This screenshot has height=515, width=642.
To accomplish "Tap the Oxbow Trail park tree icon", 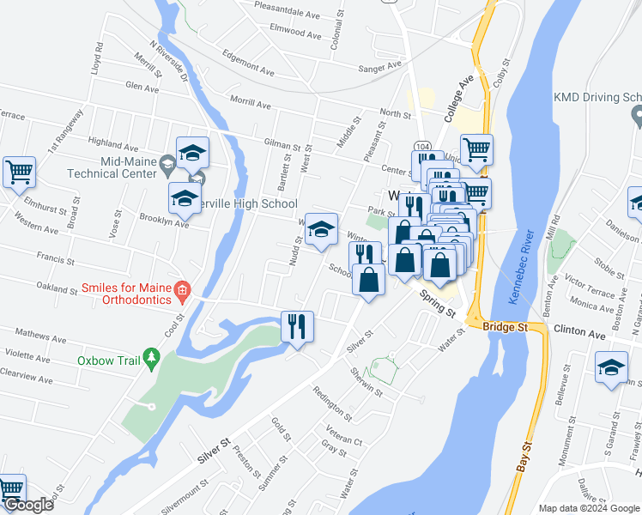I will point(152,356).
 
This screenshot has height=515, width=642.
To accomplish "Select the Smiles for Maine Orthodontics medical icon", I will point(181,291).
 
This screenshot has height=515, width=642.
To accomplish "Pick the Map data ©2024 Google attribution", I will point(588,507).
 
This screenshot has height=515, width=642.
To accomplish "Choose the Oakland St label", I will point(54,288).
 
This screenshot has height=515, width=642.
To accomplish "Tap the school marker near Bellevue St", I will point(610,368).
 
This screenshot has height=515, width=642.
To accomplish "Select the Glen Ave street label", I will point(142,87).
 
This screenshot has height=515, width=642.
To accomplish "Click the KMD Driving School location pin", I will point(636,115).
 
